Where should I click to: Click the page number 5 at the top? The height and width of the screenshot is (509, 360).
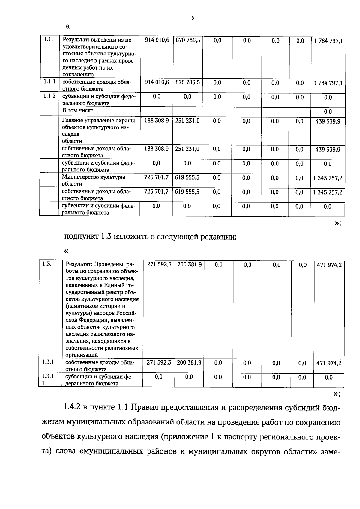pos(193,18)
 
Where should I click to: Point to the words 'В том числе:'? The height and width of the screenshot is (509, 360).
pos(78,110)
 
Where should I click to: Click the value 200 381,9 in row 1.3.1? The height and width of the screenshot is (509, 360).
pos(189,362)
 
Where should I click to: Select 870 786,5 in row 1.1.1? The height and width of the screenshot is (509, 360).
pos(187,82)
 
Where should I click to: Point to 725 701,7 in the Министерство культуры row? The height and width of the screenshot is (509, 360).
pos(156,177)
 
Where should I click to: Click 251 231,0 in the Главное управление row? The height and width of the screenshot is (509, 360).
pos(187,121)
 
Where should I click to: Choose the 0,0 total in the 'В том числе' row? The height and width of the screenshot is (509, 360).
pos(328,112)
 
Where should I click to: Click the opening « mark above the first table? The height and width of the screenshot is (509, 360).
pos(67,27)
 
